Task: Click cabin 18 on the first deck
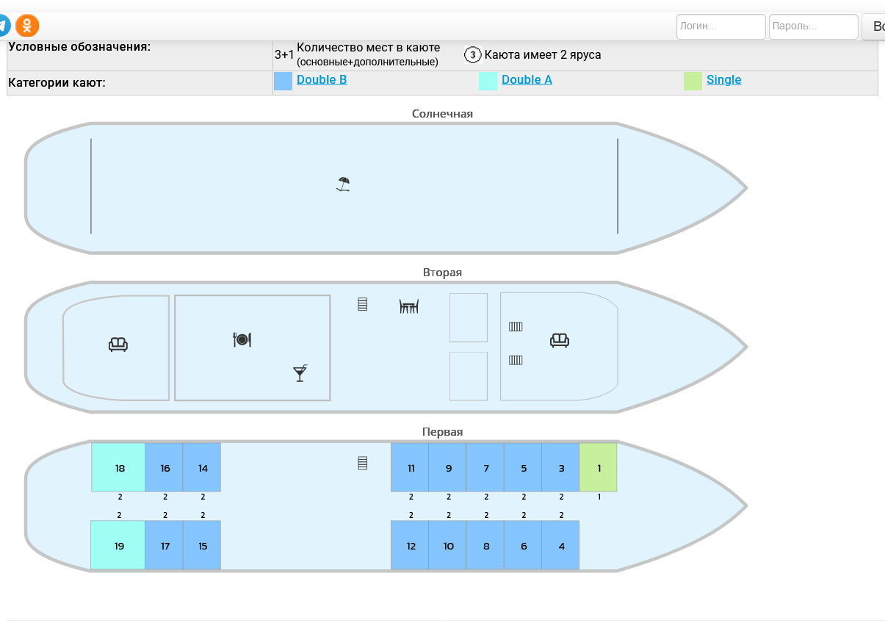(x=119, y=468)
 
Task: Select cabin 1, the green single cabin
(x=598, y=468)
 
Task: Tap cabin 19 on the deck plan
(x=118, y=546)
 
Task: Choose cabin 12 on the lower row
(x=411, y=546)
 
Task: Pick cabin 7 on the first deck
(x=485, y=468)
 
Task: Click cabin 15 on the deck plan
(x=202, y=546)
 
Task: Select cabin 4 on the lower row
(x=560, y=546)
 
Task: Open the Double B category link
(x=322, y=80)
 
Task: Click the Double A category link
(x=527, y=80)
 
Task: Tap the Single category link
(x=723, y=80)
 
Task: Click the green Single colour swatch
(x=693, y=81)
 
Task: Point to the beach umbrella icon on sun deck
(x=343, y=184)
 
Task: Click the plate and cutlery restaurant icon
(x=242, y=339)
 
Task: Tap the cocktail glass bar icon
(x=300, y=373)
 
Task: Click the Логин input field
(x=720, y=26)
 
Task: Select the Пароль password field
(x=813, y=26)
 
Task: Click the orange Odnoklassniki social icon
(x=27, y=26)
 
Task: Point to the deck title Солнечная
(x=442, y=114)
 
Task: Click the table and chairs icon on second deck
(x=409, y=306)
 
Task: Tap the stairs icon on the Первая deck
(x=362, y=463)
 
